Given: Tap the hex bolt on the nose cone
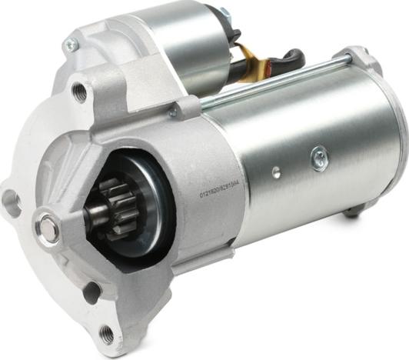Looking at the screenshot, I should (x=48, y=228).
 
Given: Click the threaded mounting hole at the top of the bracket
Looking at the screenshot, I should (x=79, y=93).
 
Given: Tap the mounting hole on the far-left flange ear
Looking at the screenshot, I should (x=11, y=202).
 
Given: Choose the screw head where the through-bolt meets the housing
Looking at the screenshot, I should (x=174, y=112).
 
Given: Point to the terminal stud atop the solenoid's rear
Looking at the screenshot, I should (x=224, y=13).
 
